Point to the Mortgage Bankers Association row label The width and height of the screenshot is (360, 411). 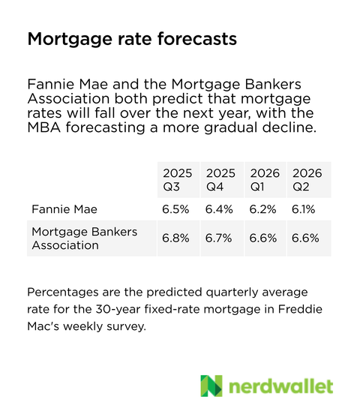coord(84,238)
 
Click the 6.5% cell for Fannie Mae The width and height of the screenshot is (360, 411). coord(176,210)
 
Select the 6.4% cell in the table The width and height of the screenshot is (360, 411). coord(220,210)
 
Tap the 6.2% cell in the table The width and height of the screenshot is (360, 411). coord(264,210)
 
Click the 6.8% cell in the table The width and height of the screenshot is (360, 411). coord(177,238)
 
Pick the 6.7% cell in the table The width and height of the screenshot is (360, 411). coord(220,238)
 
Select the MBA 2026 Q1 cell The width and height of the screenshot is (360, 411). coord(264,238)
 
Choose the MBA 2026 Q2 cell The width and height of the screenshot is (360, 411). coord(306,238)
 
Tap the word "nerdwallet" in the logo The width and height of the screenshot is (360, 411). coord(281,386)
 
